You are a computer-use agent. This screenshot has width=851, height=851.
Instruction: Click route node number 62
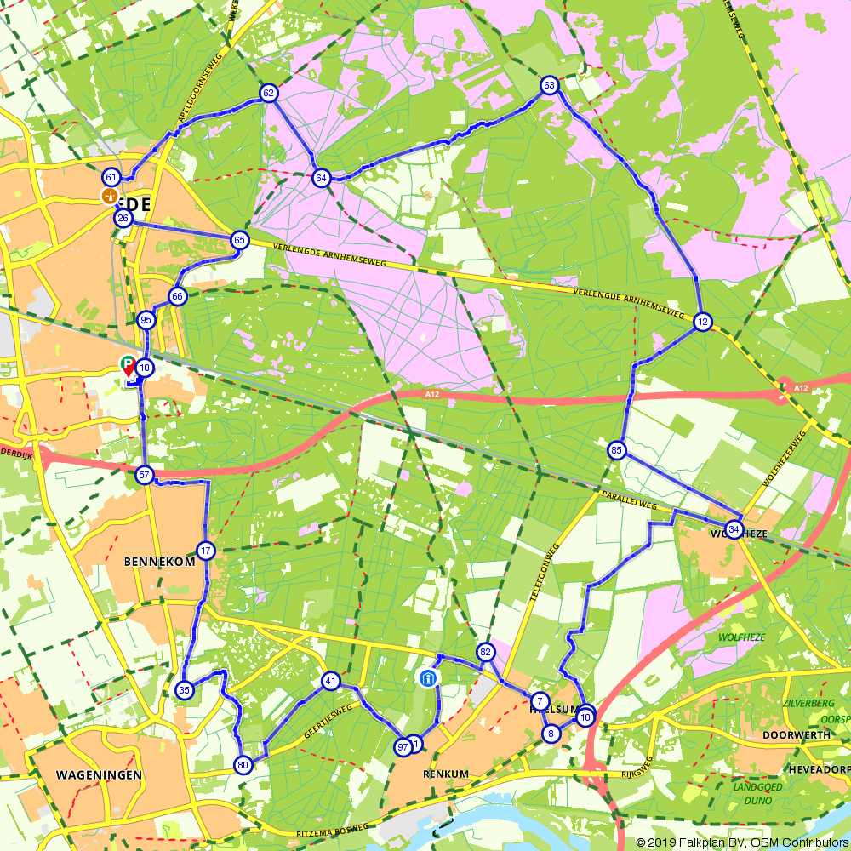pyautogui.click(x=269, y=94)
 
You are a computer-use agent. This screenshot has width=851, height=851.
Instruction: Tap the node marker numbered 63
pyautogui.click(x=549, y=85)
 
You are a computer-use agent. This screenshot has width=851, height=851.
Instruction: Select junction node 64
pyautogui.click(x=321, y=178)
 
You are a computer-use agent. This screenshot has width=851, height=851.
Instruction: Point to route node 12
pyautogui.click(x=702, y=322)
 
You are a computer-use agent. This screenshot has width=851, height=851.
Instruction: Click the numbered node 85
pyautogui.click(x=617, y=449)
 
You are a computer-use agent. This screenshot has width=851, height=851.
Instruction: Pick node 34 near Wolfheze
pyautogui.click(x=734, y=528)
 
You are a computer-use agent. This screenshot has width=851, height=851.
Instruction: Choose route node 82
pyautogui.click(x=486, y=652)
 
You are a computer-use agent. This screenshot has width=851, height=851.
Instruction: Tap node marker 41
pyautogui.click(x=331, y=681)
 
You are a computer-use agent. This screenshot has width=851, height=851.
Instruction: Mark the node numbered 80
pyautogui.click(x=243, y=765)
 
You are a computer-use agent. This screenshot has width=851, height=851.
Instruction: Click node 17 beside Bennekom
pyautogui.click(x=206, y=551)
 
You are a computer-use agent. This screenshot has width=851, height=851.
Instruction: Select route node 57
pyautogui.click(x=145, y=475)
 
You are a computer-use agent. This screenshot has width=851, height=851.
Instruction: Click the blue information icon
pyautogui.click(x=427, y=678)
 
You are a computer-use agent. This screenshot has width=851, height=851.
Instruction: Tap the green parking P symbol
pyautogui.click(x=127, y=363)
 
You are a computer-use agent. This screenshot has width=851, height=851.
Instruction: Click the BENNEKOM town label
pyautogui.click(x=159, y=563)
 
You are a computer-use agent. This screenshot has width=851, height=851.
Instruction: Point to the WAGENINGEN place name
pyautogui.click(x=99, y=775)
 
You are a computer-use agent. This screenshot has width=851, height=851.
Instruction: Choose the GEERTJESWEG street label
pyautogui.click(x=328, y=722)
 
